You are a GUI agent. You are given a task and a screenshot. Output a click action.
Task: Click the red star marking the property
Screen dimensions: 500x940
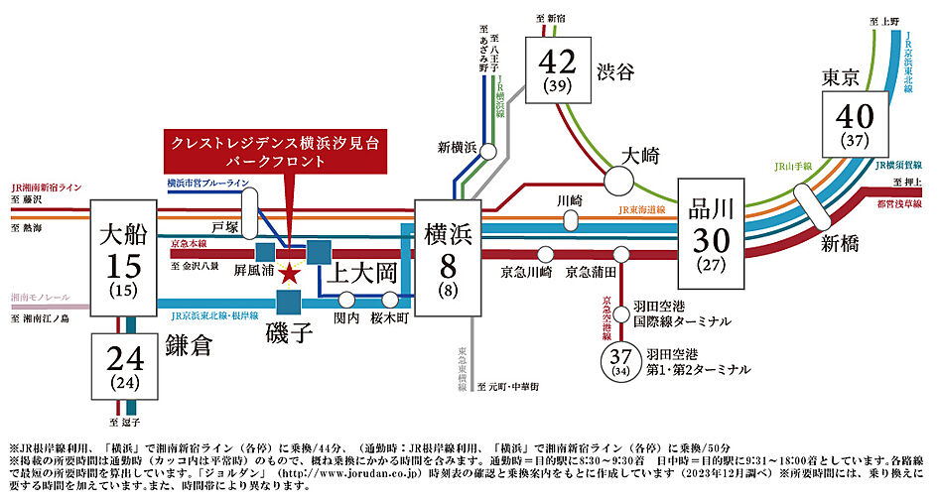click(289, 273)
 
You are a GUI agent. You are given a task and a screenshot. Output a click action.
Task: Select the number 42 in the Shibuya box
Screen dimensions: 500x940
click(559, 63)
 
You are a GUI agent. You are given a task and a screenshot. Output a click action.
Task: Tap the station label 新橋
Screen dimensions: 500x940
click(841, 243)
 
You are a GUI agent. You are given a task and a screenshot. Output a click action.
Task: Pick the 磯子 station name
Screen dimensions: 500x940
click(289, 332)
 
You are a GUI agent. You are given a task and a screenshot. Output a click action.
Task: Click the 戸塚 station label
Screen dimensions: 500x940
click(226, 225)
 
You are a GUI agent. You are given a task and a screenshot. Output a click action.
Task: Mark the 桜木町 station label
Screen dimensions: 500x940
click(390, 318)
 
